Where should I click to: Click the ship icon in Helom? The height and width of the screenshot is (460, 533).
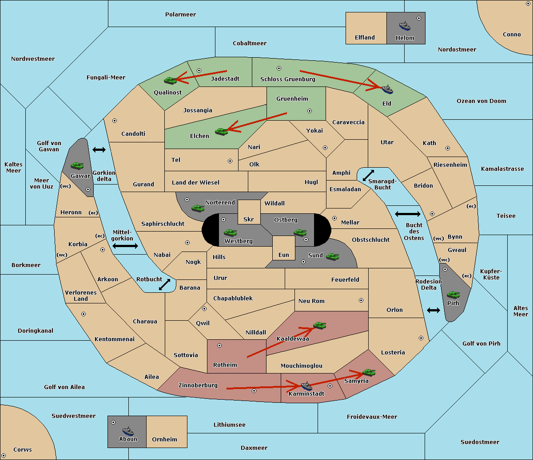coord(405,26)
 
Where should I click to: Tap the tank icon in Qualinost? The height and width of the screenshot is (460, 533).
coord(170,81)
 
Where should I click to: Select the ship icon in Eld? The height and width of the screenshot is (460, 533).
coord(387,89)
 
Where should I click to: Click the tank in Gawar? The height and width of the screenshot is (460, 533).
coord(77,165)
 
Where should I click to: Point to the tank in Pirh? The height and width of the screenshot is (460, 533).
coord(453,295)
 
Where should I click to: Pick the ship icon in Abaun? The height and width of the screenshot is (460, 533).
coord(128,431)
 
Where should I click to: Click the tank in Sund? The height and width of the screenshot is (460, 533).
coord(332,256)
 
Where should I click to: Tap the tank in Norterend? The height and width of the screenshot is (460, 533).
coord(198,208)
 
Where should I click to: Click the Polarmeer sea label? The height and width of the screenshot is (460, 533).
coord(180,15)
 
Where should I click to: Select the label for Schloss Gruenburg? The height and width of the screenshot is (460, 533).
coord(288,79)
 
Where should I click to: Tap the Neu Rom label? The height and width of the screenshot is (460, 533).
coord(311,301)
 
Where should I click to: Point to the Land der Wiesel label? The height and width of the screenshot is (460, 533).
coord(195,183)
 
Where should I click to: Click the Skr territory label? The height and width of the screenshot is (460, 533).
coord(249,219)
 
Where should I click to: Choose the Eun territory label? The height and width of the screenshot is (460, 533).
coord(284,255)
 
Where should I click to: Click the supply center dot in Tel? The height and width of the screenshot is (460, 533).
coord(230,161)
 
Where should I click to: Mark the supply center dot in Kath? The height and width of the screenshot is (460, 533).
coord(448,148)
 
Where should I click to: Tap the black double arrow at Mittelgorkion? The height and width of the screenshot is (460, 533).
coord(125,246)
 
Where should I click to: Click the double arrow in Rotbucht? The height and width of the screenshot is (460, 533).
coord(164,284)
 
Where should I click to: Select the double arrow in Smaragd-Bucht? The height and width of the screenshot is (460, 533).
coord(368,175)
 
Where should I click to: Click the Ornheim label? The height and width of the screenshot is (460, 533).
coord(164,439)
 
